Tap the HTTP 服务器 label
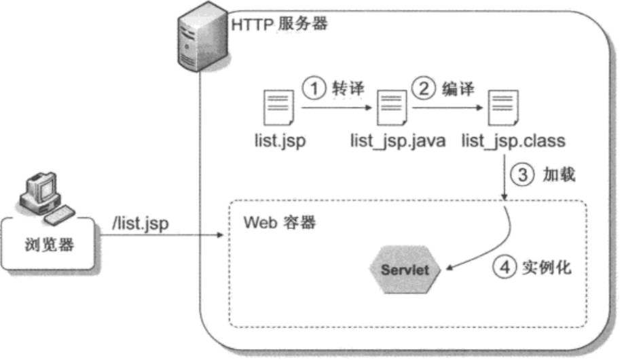tap(280, 24)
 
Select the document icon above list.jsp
tap(278, 109)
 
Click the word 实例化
tap(547, 268)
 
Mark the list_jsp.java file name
tap(398, 141)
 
